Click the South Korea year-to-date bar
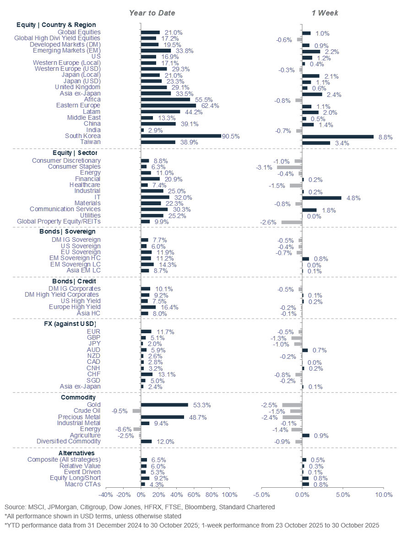tap(181, 136)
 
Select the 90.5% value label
tap(231, 136)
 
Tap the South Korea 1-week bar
tap(338, 136)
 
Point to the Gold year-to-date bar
tap(164, 405)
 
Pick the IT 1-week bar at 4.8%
tap(322, 197)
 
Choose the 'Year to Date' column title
tap(152, 13)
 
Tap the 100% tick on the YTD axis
tap(229, 495)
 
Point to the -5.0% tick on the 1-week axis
tap(261, 495)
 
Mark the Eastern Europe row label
tap(77, 105)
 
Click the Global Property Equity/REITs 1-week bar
tap(292, 222)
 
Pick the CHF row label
tap(93, 374)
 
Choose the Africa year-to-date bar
tap(165, 99)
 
